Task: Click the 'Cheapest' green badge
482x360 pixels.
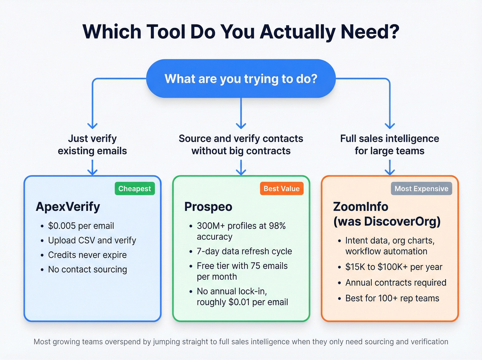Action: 135,189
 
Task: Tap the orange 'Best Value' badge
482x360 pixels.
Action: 281,189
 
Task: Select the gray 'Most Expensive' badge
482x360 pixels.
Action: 421,189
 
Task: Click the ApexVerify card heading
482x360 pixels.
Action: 68,207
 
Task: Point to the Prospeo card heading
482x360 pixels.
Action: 208,207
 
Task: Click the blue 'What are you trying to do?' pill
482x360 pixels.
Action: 241,79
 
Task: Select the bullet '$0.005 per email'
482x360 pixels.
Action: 81,226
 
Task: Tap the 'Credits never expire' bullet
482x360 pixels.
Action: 87,255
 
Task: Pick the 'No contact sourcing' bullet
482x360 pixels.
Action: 87,269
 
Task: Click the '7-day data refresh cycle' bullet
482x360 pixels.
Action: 244,251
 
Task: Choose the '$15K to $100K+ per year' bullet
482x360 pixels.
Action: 394,267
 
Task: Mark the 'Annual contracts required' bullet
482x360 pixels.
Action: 396,283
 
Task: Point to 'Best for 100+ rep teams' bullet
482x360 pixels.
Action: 392,298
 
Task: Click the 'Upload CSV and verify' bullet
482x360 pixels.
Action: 92,240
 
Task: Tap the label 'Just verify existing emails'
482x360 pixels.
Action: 92,145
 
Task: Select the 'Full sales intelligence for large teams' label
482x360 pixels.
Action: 389,145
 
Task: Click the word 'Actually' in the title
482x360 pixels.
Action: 297,32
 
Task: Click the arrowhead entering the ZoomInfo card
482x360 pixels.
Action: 390,172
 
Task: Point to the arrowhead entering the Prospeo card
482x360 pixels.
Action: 241,172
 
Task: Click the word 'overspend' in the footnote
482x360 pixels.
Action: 123,342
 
